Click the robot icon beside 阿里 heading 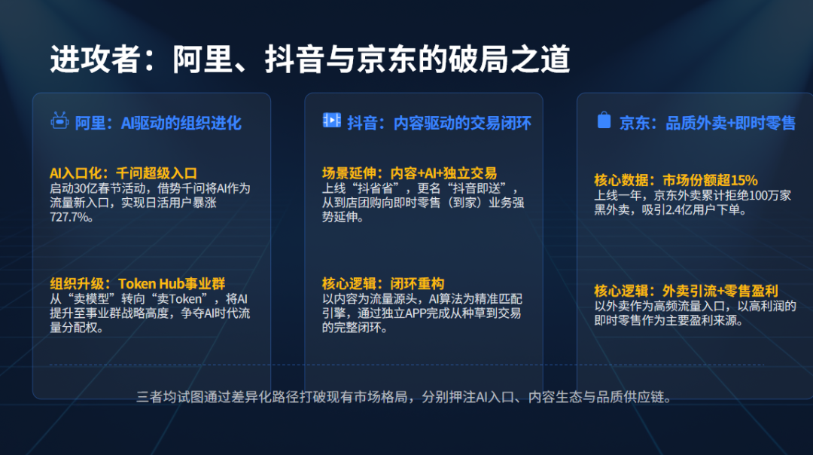tap(59, 121)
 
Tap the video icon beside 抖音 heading tap(331, 121)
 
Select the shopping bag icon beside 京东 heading tap(604, 121)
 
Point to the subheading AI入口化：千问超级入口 tap(123, 173)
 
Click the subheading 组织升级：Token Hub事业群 tap(138, 284)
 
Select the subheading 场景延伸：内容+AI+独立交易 tap(410, 173)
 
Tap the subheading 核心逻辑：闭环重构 tap(383, 284)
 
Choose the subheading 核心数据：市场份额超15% tap(675, 180)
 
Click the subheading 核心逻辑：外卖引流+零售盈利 tap(686, 291)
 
